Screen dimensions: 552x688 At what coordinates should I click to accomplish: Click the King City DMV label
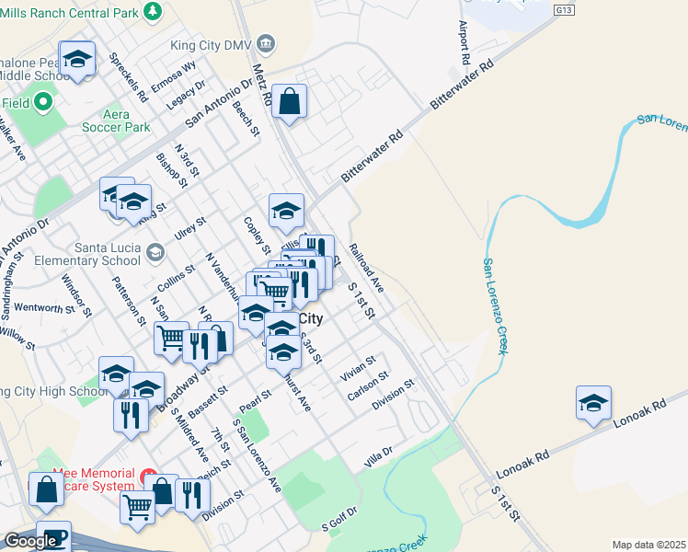point(212,45)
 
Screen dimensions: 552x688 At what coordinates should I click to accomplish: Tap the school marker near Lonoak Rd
point(593,403)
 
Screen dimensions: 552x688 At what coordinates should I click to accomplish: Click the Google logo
point(30,541)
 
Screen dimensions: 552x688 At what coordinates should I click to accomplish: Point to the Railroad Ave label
point(365,268)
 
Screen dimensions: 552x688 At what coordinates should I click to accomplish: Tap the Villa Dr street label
point(378,455)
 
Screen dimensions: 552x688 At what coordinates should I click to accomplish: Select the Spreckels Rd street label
point(129,76)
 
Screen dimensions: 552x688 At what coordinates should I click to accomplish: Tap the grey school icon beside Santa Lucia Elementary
point(155,251)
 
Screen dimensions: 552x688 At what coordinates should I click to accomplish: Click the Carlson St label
point(369,387)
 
